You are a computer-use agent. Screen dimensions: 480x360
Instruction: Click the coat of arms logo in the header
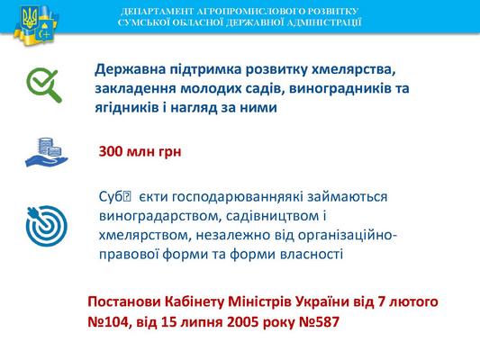pyautogui.click(x=36, y=26)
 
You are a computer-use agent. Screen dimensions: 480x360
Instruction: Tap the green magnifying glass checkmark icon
pyautogui.click(x=44, y=85)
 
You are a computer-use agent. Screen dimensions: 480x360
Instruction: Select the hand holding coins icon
pyautogui.click(x=47, y=152)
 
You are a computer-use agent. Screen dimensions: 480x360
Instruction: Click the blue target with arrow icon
pyautogui.click(x=47, y=226)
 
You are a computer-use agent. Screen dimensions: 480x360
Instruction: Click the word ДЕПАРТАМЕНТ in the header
pyautogui.click(x=157, y=12)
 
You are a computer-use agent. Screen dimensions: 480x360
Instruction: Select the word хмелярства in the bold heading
pyautogui.click(x=351, y=69)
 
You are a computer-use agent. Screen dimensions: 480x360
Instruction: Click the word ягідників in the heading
pyautogui.click(x=126, y=108)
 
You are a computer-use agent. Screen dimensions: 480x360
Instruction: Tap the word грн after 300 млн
pyautogui.click(x=170, y=152)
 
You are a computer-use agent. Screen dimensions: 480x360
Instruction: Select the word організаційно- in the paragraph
pyautogui.click(x=348, y=236)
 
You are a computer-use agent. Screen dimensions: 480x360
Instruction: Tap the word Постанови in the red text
pyautogui.click(x=124, y=301)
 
